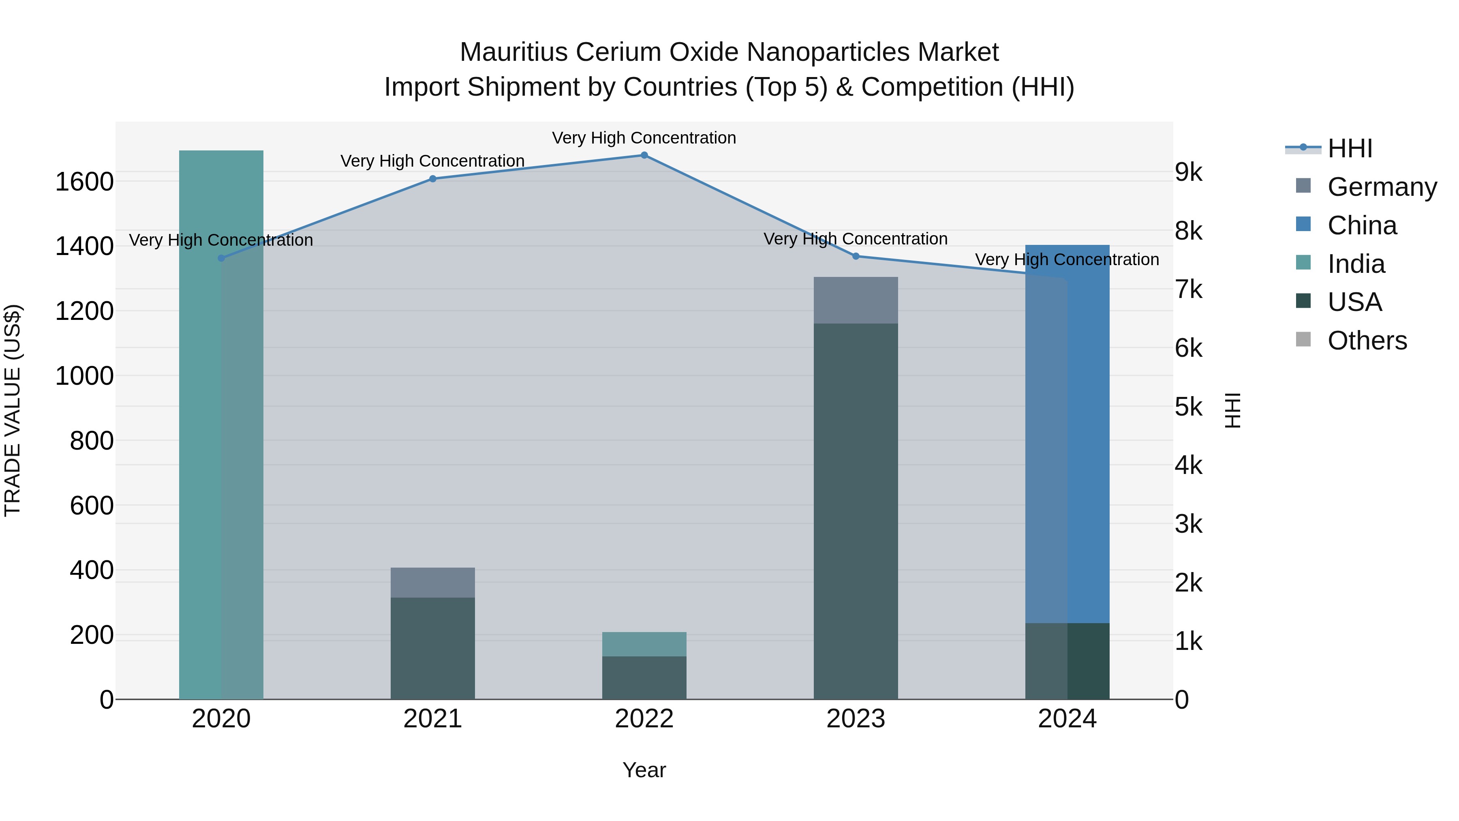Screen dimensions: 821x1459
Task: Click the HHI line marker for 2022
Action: click(644, 155)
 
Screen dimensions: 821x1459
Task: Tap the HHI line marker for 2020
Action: click(221, 258)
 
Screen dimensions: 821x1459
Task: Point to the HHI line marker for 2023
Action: click(856, 256)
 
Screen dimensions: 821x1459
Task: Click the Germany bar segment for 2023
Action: click(856, 300)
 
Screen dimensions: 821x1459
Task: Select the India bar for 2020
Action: click(221, 425)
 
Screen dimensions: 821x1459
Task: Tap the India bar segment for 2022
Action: click(644, 644)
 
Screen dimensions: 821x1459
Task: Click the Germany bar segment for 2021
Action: click(433, 583)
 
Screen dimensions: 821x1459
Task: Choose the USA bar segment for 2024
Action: click(1067, 661)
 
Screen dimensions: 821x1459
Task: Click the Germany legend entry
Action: click(1382, 187)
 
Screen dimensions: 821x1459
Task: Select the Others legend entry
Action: click(1367, 341)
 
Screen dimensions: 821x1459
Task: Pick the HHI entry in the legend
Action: click(1350, 148)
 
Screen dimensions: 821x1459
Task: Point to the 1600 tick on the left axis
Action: click(84, 182)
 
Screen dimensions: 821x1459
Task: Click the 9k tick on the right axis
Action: click(1188, 172)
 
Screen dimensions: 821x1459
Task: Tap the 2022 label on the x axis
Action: click(644, 719)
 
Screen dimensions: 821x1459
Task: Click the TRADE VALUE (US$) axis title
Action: click(13, 411)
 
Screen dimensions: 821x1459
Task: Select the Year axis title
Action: click(644, 770)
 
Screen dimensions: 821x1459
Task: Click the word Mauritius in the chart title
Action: click(513, 52)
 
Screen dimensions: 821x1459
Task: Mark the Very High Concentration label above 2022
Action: click(644, 138)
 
